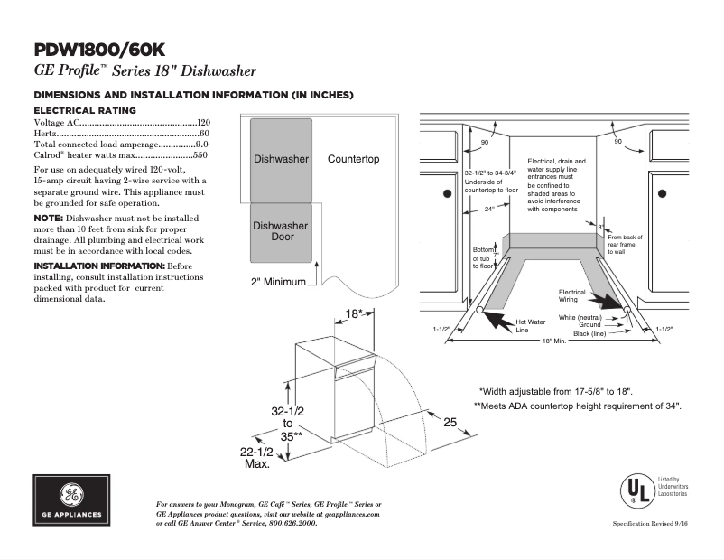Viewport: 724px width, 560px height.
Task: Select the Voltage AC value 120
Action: pos(203,122)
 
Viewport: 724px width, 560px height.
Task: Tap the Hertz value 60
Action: pos(204,134)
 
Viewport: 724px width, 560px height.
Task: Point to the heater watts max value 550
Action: pos(200,155)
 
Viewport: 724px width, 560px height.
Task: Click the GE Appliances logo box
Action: pos(71,500)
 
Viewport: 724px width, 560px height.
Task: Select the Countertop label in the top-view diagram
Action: pos(353,159)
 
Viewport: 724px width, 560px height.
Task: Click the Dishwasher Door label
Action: pos(280,231)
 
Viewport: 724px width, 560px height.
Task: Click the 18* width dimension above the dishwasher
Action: pos(355,314)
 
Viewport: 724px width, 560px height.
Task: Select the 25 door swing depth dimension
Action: pos(450,422)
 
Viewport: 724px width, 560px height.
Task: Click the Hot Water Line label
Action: pos(530,325)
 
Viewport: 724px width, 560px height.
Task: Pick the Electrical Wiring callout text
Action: pos(571,295)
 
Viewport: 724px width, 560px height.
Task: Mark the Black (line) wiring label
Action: pos(592,333)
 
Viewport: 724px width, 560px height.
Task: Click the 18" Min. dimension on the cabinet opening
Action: pos(553,341)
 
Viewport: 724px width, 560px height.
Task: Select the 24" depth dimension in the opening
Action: pos(488,209)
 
